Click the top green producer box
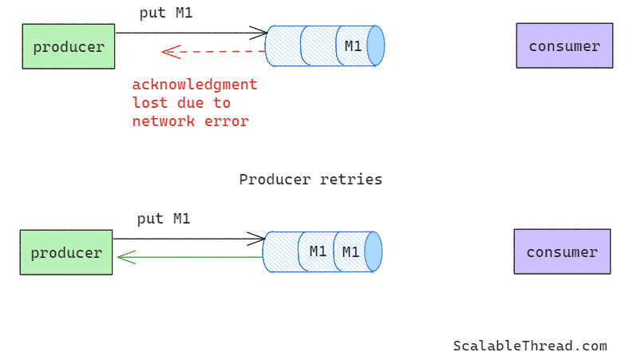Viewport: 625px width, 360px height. pyautogui.click(x=69, y=46)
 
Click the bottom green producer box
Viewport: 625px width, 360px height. pyautogui.click(x=66, y=252)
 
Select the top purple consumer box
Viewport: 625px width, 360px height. pyautogui.click(x=564, y=46)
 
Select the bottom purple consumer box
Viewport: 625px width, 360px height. pyautogui.click(x=561, y=252)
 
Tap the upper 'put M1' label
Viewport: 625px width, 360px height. pyautogui.click(x=165, y=13)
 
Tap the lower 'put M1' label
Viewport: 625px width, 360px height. pyautogui.click(x=163, y=219)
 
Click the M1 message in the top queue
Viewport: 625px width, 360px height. pyautogui.click(x=353, y=46)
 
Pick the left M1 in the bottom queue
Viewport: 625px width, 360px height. pyautogui.click(x=318, y=252)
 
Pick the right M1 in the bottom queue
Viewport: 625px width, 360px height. pyautogui.click(x=350, y=252)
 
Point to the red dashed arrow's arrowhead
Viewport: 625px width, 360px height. pyautogui.click(x=168, y=52)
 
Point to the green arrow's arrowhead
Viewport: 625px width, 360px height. pyautogui.click(x=124, y=257)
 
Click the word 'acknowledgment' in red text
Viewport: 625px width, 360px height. pyautogui.click(x=195, y=85)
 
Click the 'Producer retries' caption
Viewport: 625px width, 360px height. pyautogui.click(x=311, y=180)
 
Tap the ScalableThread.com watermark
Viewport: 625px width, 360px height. pyautogui.click(x=530, y=346)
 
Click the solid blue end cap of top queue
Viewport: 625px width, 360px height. pyautogui.click(x=375, y=45)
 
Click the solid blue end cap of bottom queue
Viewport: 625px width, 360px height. pyautogui.click(x=373, y=251)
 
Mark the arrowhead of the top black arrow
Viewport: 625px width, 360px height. pyautogui.click(x=260, y=33)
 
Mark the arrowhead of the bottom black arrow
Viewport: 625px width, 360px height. pyautogui.click(x=258, y=239)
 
